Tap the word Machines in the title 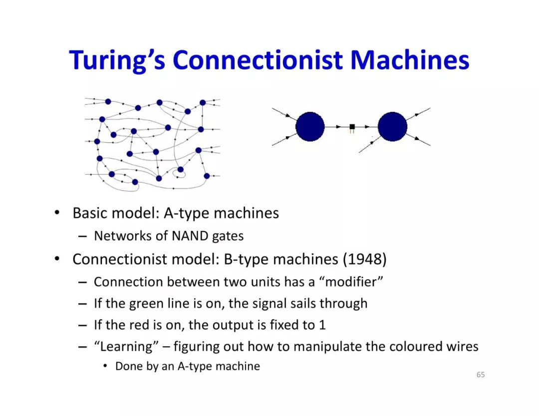coord(409,60)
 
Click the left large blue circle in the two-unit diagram coord(310,127)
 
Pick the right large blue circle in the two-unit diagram coord(392,127)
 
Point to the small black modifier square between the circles coord(352,127)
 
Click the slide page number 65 coord(480,375)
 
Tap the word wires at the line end coord(462,346)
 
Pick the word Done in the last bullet coord(127,366)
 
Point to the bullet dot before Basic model coord(58,213)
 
